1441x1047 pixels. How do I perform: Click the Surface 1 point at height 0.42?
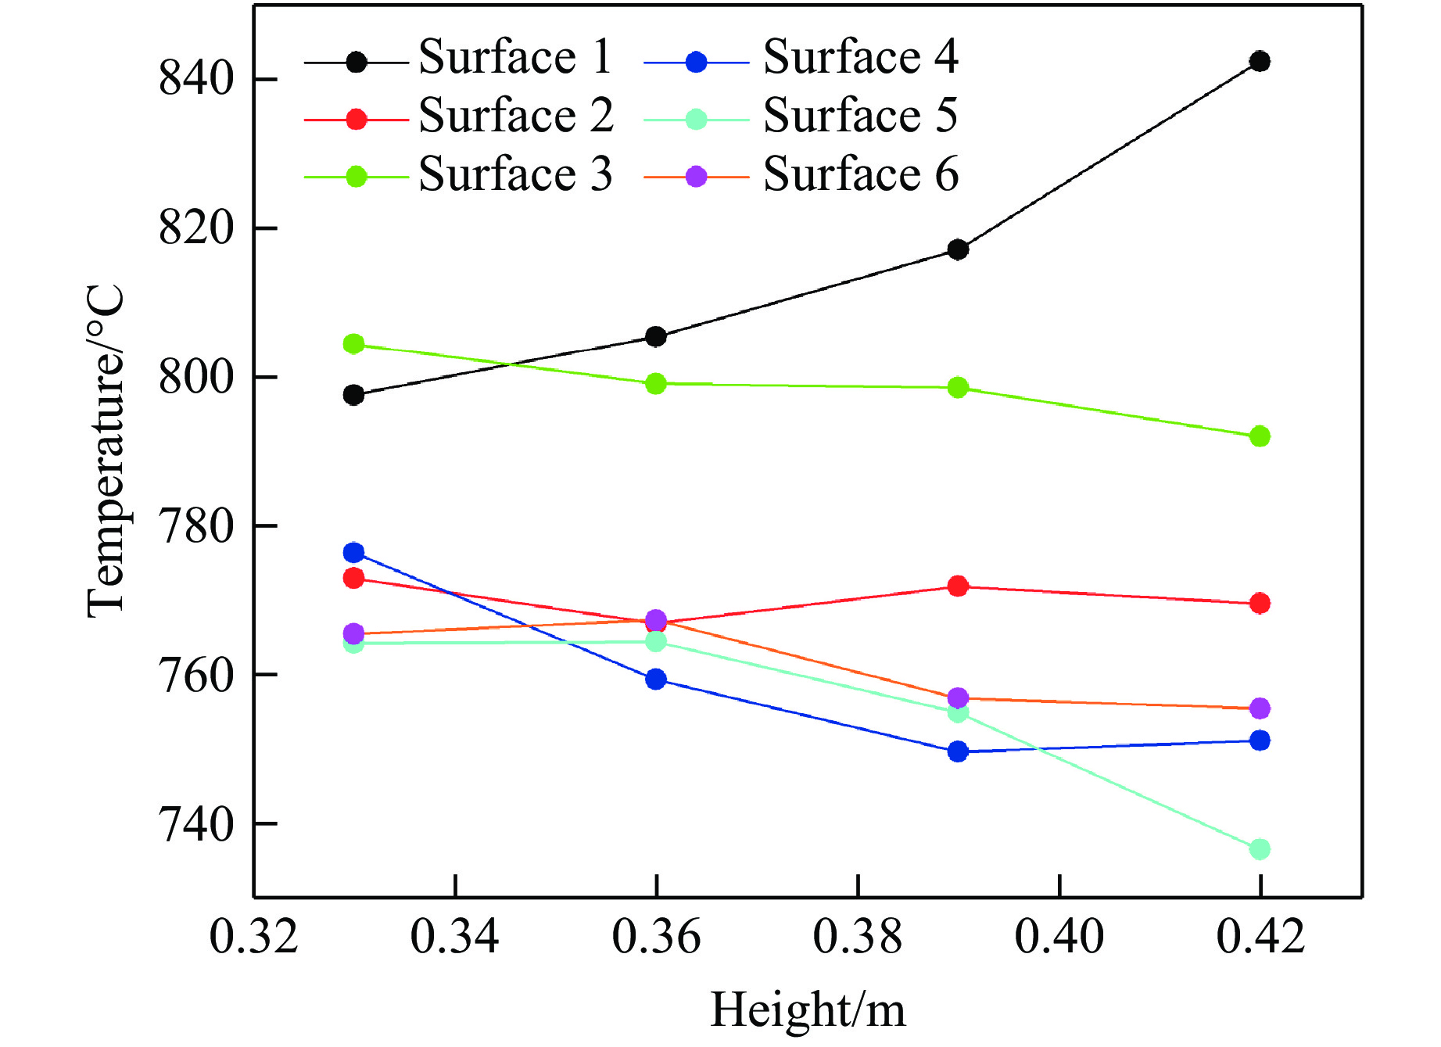click(1259, 61)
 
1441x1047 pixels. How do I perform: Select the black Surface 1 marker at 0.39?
click(958, 249)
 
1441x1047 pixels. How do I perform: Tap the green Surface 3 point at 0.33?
click(354, 344)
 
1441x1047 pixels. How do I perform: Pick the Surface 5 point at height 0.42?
click(1259, 848)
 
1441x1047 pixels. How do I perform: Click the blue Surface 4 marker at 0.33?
click(354, 553)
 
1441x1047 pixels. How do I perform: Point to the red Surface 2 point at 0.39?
click(958, 586)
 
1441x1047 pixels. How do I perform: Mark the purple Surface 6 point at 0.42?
click(1259, 708)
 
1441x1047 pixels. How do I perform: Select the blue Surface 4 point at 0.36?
click(656, 679)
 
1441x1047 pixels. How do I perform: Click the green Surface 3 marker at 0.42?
click(1259, 436)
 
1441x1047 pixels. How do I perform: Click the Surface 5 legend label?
click(860, 116)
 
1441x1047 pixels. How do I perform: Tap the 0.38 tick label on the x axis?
click(858, 936)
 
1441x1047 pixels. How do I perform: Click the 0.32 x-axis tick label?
click(254, 936)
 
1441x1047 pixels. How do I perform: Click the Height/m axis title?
click(808, 1009)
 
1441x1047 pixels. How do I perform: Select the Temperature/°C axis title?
click(106, 452)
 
